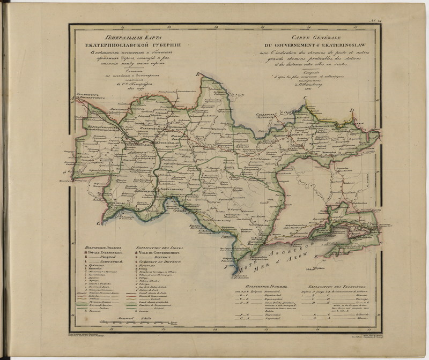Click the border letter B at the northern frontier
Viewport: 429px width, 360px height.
click(197, 74)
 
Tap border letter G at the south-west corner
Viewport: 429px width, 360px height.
click(98, 222)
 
